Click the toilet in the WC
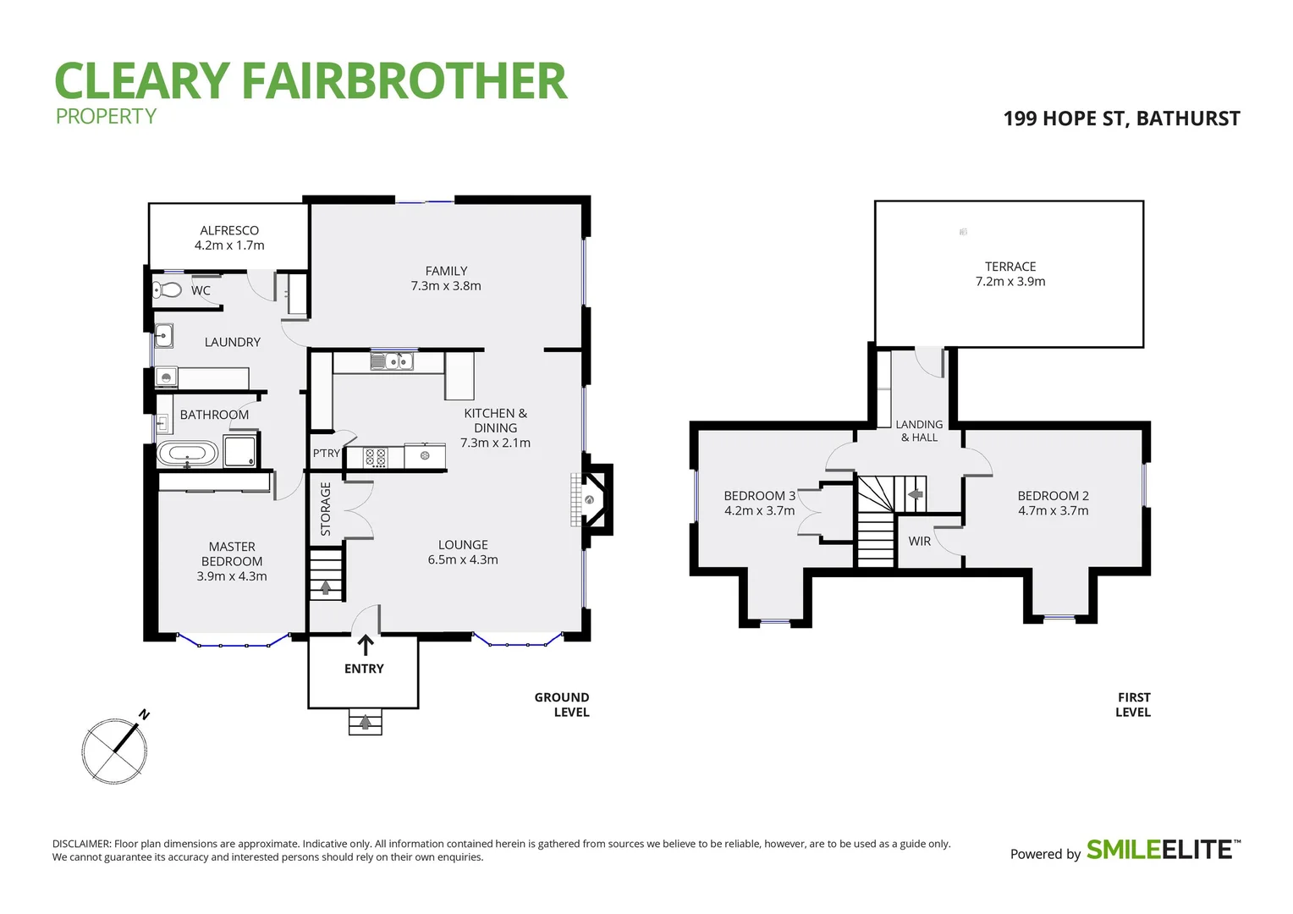[168, 290]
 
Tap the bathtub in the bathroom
[188, 453]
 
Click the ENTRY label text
[364, 669]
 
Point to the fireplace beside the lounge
[591, 500]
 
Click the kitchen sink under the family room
[392, 362]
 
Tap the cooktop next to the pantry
[375, 458]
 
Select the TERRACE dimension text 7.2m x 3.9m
[1010, 282]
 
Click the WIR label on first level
[919, 542]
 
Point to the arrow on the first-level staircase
[914, 494]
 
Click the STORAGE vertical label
[326, 509]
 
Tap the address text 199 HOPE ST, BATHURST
[1121, 118]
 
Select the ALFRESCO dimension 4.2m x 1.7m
[229, 245]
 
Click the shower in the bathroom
[239, 451]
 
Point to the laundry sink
[163, 336]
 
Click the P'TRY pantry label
[327, 454]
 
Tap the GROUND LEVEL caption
[562, 705]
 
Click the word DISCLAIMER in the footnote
[81, 844]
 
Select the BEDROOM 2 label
[1053, 496]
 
